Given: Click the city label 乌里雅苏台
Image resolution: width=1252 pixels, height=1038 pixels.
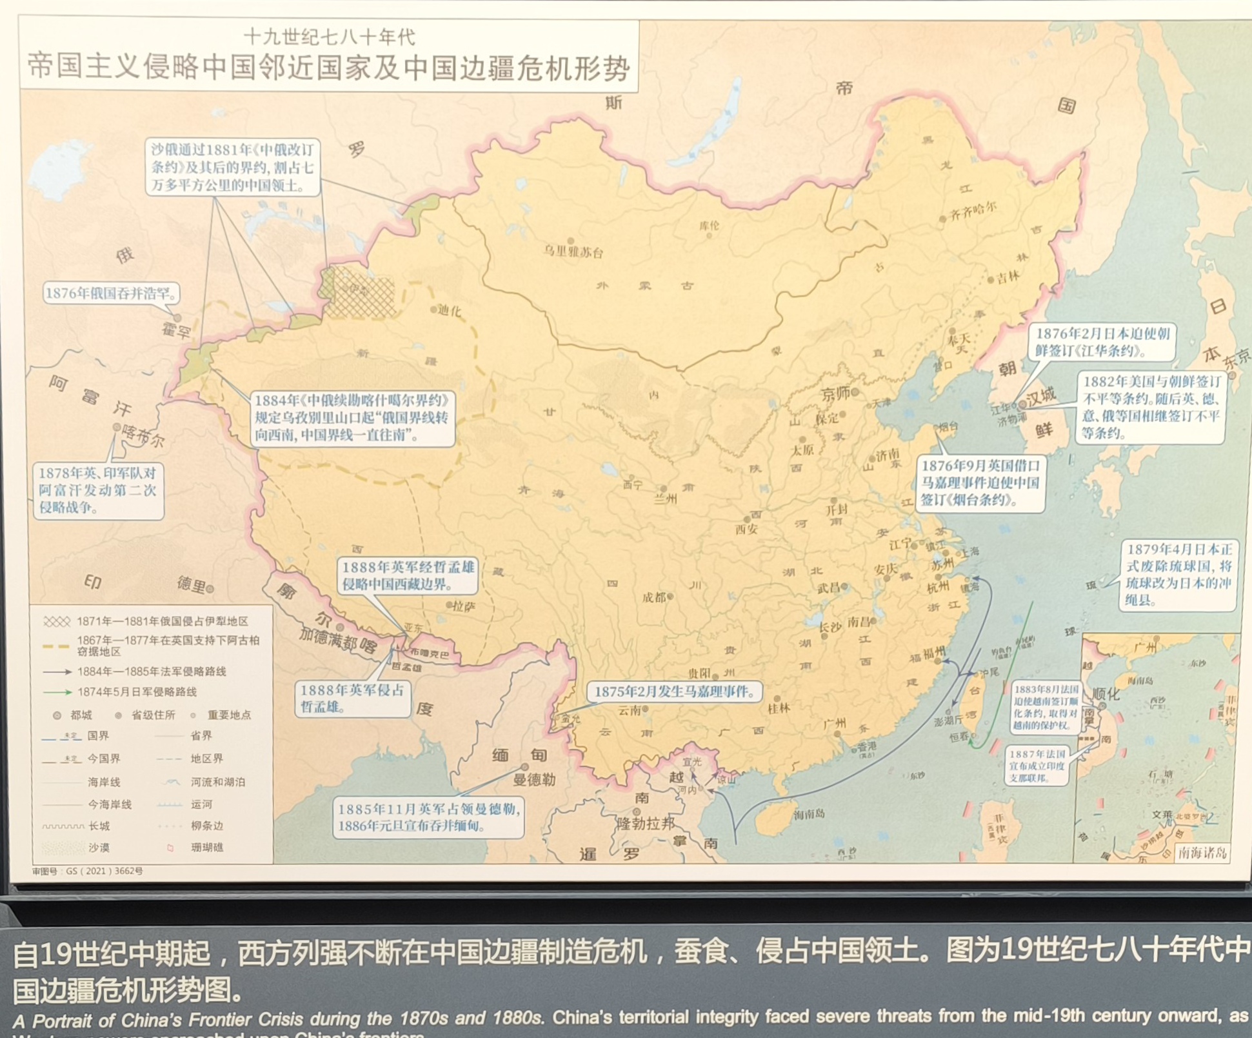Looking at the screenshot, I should [x=573, y=252].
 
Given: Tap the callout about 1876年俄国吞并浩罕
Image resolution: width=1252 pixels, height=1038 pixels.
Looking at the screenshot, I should [x=110, y=294].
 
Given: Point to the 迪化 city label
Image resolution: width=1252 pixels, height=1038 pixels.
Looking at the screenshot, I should [x=450, y=311].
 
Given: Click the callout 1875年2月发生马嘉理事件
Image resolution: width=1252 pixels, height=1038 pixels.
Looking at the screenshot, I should [x=674, y=692].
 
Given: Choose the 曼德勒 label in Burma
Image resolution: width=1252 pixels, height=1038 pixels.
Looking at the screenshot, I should [x=534, y=779].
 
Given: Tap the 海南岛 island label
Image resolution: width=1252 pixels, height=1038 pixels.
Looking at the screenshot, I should [x=810, y=814].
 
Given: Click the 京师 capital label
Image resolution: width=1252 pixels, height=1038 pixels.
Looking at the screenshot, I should [x=835, y=394].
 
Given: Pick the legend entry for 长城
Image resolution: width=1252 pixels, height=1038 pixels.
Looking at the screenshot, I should [x=99, y=826].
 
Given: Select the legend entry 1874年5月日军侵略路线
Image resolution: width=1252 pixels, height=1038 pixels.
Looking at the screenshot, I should [x=137, y=692].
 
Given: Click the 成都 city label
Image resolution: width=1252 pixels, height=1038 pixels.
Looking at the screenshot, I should [x=654, y=597].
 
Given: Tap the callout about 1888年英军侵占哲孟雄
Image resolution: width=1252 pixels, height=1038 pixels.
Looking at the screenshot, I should [x=352, y=698].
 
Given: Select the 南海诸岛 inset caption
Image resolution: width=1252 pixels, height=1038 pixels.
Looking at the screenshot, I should [x=1202, y=853].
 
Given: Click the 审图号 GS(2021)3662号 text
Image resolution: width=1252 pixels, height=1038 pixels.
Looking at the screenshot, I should [x=88, y=871].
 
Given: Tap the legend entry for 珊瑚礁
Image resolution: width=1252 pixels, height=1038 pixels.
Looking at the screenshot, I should [x=207, y=847].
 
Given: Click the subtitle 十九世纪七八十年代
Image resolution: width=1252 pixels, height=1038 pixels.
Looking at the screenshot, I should [x=330, y=37].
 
